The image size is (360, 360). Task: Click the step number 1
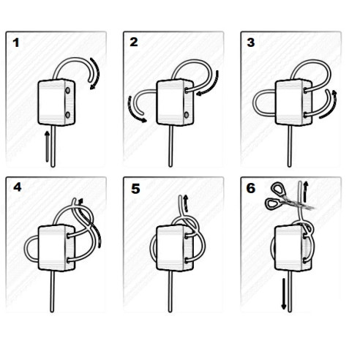[x=16, y=43]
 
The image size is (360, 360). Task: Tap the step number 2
[x=133, y=42]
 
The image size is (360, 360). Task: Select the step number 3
[x=251, y=43]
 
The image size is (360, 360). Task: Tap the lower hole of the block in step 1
[x=67, y=116]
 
